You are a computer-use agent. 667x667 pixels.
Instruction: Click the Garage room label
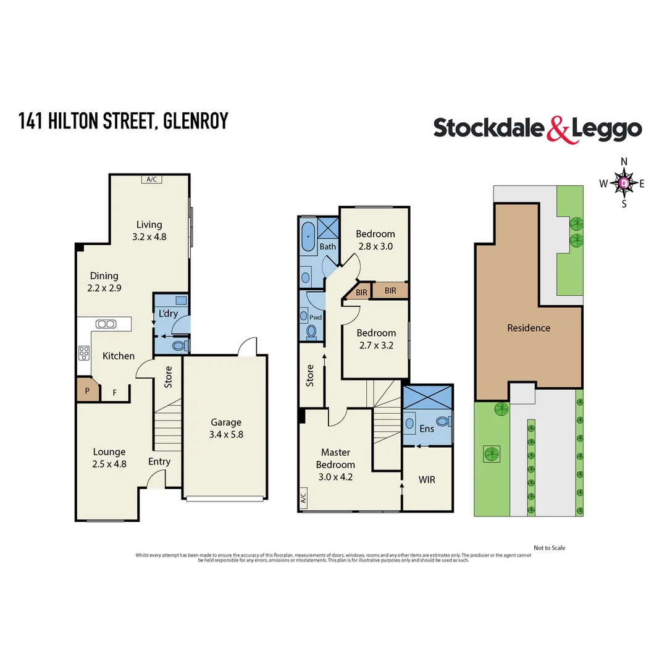226,422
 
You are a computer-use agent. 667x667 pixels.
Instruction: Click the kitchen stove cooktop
83,353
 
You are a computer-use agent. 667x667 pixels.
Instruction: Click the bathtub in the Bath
308,237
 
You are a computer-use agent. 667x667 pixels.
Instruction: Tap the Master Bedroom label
335,458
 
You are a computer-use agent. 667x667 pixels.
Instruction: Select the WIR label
427,479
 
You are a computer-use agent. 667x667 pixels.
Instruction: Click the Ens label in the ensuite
427,429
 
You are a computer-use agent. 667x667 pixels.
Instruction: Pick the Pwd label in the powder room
316,317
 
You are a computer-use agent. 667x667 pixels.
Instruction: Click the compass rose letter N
624,162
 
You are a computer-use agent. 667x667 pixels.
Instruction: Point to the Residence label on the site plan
529,328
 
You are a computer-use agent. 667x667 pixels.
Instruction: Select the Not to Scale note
549,548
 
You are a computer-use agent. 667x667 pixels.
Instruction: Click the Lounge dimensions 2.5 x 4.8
109,463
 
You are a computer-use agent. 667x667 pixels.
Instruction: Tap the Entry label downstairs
159,461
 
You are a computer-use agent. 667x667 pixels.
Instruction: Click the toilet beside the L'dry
177,346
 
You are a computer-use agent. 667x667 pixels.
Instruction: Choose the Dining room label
104,276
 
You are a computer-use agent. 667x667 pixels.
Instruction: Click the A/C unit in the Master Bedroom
303,497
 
